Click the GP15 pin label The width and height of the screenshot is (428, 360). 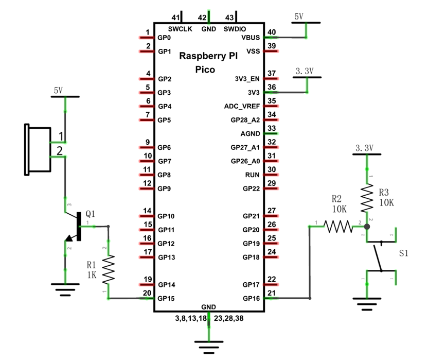[x=166, y=299]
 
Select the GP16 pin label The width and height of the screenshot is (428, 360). [x=251, y=299]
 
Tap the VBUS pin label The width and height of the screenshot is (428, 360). [x=251, y=38]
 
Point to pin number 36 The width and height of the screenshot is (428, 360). [x=272, y=87]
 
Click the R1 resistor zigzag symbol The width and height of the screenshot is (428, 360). [x=109, y=269]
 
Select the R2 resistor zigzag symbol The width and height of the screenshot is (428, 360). [x=338, y=227]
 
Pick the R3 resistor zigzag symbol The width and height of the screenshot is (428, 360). [x=367, y=198]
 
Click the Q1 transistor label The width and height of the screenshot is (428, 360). [x=91, y=214]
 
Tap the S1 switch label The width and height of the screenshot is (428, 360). [x=403, y=253]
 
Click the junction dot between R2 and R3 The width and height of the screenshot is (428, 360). [x=367, y=227]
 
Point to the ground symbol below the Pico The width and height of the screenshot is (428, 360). [x=209, y=347]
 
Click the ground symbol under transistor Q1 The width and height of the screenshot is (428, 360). [x=65, y=290]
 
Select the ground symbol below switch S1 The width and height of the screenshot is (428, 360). [x=367, y=304]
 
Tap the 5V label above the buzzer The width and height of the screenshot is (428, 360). [x=58, y=91]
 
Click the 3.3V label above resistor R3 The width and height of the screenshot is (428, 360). [x=364, y=148]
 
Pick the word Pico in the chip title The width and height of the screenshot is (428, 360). [x=205, y=70]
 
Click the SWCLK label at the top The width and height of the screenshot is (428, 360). [x=180, y=29]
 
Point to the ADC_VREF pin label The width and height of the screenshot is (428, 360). [x=242, y=106]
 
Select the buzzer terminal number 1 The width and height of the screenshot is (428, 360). [x=61, y=136]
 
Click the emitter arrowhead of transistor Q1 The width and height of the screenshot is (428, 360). [x=69, y=238]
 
